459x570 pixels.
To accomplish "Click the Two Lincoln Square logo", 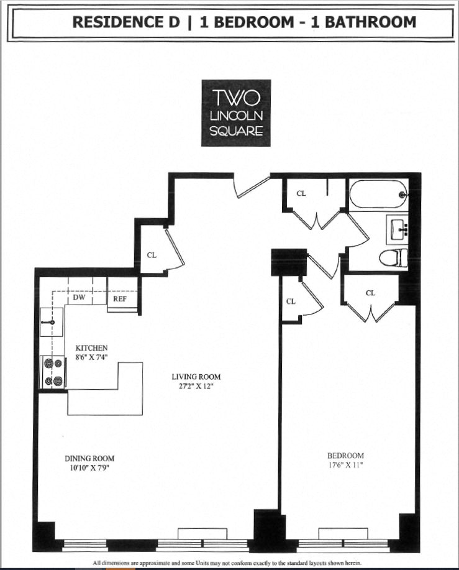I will click(x=236, y=113).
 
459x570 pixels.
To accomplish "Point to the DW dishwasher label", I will click(x=80, y=298).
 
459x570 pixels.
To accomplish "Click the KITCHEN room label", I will click(x=92, y=347).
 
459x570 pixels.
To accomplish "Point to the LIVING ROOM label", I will click(x=196, y=377).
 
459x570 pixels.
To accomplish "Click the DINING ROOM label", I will click(x=90, y=459).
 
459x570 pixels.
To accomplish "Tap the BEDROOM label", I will click(x=348, y=455).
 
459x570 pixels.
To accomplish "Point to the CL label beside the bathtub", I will click(x=301, y=193).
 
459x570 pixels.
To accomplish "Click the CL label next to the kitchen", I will click(x=152, y=255).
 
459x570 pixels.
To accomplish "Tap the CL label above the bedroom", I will click(x=371, y=293).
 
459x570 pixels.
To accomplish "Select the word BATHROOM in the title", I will click(x=371, y=22).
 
